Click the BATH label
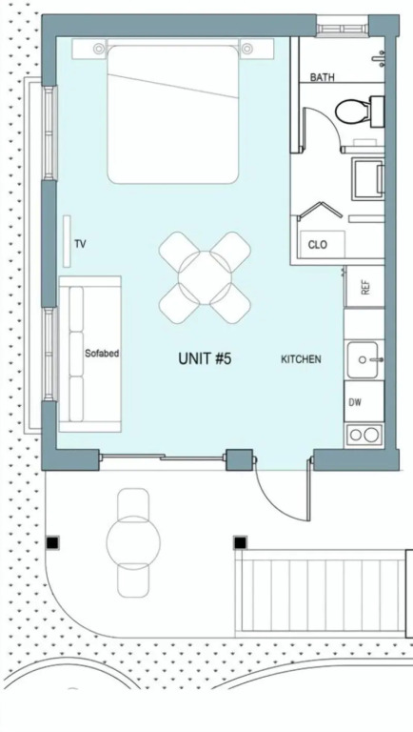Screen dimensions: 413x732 pos(322,77)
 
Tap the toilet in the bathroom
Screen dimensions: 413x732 pos(359,112)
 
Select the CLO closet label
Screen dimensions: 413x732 pos(318,245)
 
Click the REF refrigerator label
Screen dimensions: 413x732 pos(365,287)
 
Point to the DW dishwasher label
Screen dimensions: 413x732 pos(355,402)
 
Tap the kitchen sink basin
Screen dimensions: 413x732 pos(363,360)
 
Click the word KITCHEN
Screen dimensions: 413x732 pos(301,359)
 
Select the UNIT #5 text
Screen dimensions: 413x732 pos(205,358)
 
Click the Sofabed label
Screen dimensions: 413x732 pos(102,354)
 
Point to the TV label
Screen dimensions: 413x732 pos(80,244)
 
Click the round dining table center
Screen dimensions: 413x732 pos(205,277)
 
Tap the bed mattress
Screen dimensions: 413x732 pos(173,114)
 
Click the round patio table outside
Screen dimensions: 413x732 pos(133,542)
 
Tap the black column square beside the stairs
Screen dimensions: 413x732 pos(240,543)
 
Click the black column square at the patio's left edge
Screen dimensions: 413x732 pos(52,543)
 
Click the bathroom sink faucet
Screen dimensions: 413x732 pos(379,58)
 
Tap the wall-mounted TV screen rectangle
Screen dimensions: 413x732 pos(67,241)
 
